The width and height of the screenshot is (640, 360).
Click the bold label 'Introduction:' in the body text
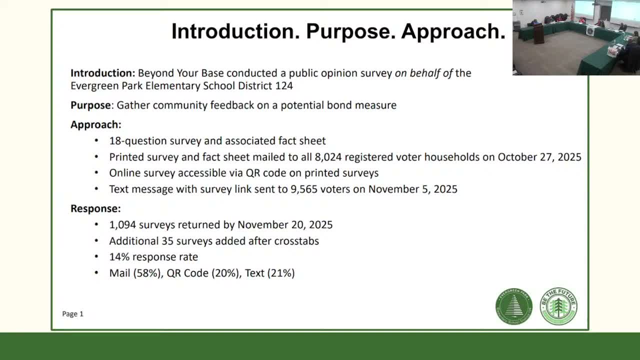tap(102, 73)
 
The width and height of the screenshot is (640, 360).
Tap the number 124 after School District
tap(284, 85)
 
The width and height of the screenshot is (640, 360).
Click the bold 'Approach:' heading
tap(95, 124)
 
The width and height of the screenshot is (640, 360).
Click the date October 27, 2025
tap(539, 157)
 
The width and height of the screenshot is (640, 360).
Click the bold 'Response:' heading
tap(95, 208)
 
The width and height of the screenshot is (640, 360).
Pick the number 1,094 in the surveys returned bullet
tap(122, 224)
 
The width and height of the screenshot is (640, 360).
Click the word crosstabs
tap(296, 241)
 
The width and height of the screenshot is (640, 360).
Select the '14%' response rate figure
tap(118, 257)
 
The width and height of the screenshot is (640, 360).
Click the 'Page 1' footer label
tap(72, 314)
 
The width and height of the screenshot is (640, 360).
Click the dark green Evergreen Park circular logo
tap(514, 306)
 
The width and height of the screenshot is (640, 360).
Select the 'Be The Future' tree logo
tap(558, 306)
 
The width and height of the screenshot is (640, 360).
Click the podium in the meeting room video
tap(538, 33)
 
